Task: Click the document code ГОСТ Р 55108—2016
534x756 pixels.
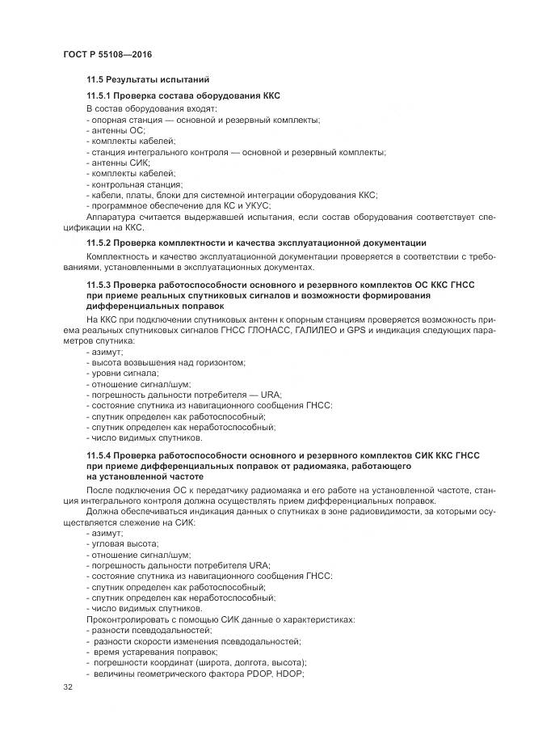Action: coord(107,54)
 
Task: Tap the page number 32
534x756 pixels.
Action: coord(67,687)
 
